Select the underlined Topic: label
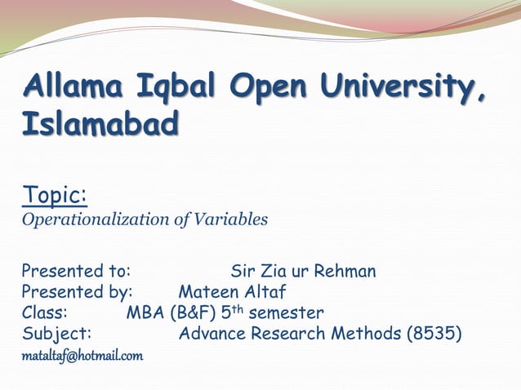pos(55,196)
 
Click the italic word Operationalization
pos(96,219)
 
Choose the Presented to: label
pos(77,270)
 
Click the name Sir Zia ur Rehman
pos(303,270)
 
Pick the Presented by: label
pos(77,291)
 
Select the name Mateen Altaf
pos(233,291)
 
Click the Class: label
pos(45,312)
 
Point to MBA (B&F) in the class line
pos(171,312)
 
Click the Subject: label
pos(56,334)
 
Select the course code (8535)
pos(434,334)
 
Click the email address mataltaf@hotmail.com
pos(82,356)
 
